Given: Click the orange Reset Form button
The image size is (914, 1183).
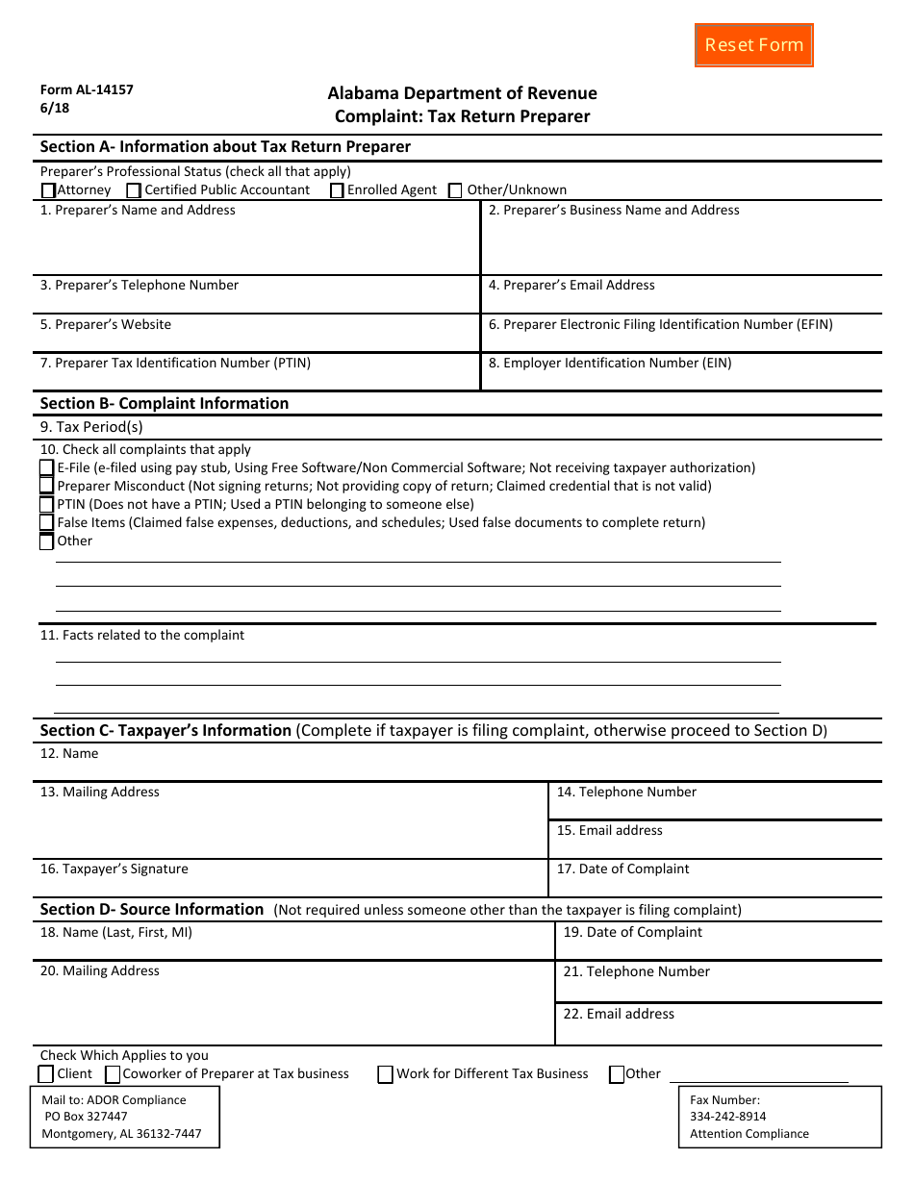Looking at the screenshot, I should (753, 45).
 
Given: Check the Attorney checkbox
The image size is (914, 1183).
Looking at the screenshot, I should (48, 190).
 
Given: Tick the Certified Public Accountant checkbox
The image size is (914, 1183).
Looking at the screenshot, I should (134, 190).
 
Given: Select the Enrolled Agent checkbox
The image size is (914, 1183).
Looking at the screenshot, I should (337, 190).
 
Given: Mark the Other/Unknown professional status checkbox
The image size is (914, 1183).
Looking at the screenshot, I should (456, 190).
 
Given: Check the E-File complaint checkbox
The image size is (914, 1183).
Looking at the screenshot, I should (47, 468).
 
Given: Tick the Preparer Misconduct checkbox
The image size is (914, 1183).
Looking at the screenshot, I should (47, 487).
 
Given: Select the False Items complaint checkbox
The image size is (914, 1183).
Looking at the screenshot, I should (47, 523).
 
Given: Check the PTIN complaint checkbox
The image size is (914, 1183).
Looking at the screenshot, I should (47, 505).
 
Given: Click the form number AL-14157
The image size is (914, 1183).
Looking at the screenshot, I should (87, 90).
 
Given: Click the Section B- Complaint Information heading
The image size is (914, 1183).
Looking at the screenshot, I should (165, 404).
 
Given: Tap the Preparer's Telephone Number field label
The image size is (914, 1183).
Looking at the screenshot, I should (140, 286).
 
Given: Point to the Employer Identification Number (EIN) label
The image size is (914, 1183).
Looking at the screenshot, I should (610, 364).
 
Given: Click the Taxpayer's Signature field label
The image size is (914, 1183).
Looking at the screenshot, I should (114, 869).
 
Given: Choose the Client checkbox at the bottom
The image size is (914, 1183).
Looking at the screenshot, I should (46, 1074).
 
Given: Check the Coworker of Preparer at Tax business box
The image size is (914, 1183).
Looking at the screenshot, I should (113, 1074).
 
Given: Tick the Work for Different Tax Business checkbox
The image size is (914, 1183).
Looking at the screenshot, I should (386, 1074).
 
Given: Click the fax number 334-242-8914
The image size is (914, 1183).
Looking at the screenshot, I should (728, 1118).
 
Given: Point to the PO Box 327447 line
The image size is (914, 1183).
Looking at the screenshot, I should (86, 1118).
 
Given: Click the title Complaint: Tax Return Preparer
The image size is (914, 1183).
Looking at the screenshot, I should (462, 117).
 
